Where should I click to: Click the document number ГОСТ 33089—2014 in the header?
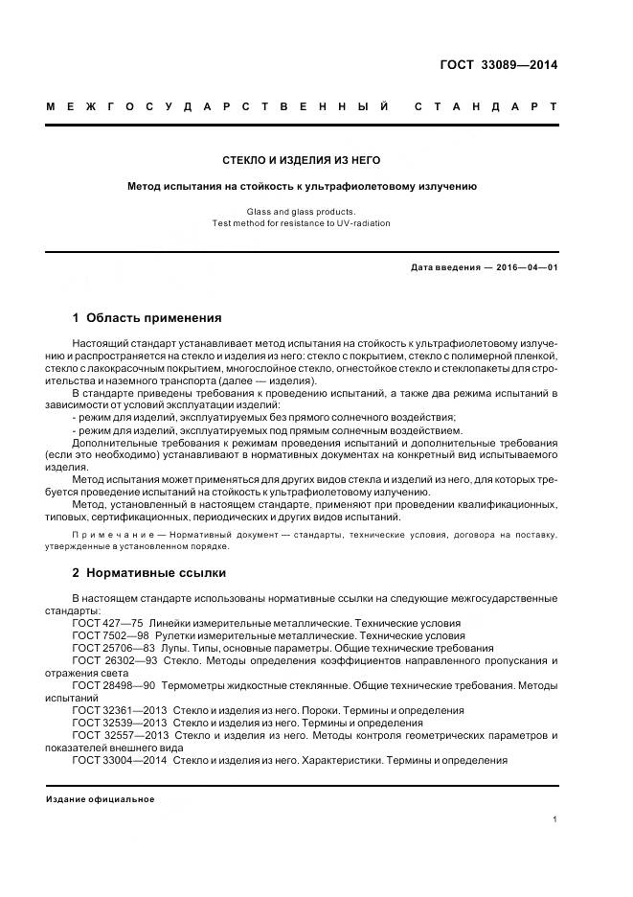coord(497,65)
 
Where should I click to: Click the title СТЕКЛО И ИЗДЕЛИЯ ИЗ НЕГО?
coord(302,160)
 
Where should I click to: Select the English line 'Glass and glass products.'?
coord(302,211)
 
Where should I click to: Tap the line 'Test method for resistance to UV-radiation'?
coord(302,223)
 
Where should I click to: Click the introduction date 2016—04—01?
coord(525,267)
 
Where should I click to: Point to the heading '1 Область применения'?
coord(147,317)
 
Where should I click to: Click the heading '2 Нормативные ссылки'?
coord(149,573)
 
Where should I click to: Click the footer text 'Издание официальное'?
coord(101,799)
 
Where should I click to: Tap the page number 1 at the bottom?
coord(554,820)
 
